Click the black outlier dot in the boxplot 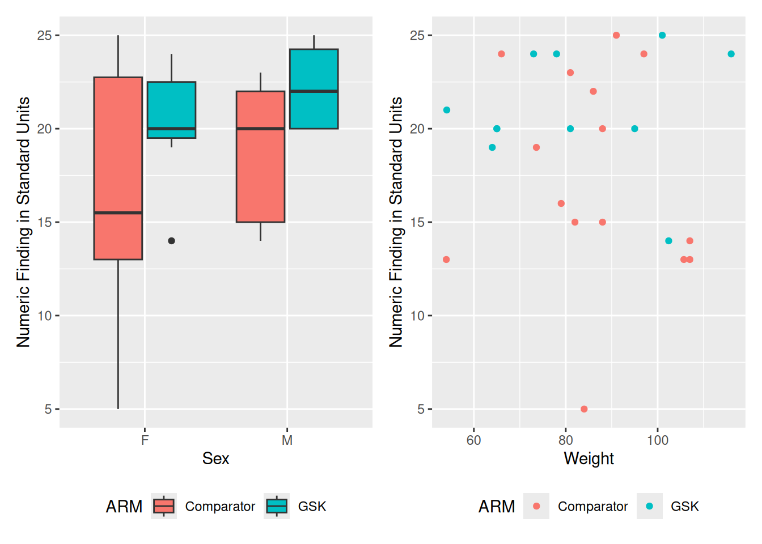click(x=171, y=241)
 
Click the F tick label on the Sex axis click(x=145, y=440)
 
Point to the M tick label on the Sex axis click(x=287, y=440)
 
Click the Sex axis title click(x=215, y=458)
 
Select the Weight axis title click(x=589, y=458)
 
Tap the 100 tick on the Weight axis click(x=658, y=440)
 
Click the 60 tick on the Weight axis click(x=473, y=440)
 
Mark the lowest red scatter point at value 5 click(x=584, y=409)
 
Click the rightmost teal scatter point click(x=731, y=54)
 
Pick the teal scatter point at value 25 click(x=662, y=36)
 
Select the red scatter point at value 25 click(x=616, y=36)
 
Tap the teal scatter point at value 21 click(x=447, y=110)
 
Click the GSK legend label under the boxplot click(x=312, y=507)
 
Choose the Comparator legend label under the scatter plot click(x=592, y=507)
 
